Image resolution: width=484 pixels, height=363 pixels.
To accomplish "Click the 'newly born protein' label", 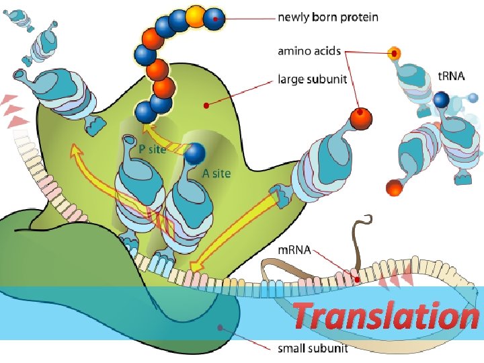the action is (327, 17).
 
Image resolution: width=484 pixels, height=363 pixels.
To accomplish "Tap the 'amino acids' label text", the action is (309, 51).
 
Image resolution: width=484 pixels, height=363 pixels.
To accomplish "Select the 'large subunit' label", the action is (313, 80).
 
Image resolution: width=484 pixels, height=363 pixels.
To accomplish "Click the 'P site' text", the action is (152, 150).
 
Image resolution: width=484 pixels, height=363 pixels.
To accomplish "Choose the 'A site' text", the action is (216, 173).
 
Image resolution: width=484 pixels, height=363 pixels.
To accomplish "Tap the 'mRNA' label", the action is (294, 250).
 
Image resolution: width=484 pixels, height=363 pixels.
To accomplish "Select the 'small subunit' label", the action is (313, 348).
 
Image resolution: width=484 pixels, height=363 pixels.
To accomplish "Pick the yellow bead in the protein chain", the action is (196, 15).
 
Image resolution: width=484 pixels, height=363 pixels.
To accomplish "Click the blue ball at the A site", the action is (195, 154).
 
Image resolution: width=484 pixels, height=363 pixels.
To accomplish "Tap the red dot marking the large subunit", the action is (206, 105).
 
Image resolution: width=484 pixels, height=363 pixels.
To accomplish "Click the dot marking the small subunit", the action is (219, 327).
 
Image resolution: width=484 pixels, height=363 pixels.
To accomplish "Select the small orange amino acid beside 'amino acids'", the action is (395, 53).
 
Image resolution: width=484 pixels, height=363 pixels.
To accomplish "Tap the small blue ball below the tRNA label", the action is (441, 100).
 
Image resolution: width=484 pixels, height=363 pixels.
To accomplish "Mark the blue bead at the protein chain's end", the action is (214, 18).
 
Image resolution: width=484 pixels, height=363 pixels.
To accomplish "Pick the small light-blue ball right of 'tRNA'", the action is (473, 98).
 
